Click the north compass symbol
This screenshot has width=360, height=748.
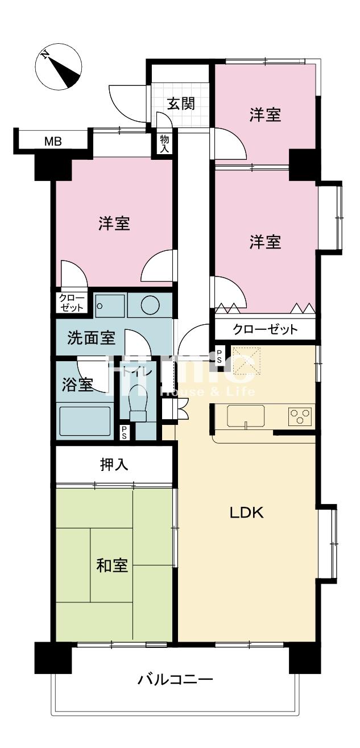coord(59,68)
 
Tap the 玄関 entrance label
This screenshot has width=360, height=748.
coord(181,104)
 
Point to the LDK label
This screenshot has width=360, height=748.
coord(246,513)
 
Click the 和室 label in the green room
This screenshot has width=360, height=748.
coord(112,565)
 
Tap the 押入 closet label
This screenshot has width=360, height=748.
coord(114,465)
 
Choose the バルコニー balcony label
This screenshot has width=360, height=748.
coord(175,679)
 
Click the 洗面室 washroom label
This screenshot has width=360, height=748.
coord(91,338)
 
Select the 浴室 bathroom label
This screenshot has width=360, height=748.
coord(78,385)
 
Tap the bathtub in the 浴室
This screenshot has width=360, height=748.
coord(86,421)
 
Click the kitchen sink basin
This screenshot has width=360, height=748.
coord(246,416)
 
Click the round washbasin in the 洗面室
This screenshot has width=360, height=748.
coord(149,306)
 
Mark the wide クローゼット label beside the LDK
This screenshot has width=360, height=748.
coord(265,329)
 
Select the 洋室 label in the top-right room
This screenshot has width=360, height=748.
coord(265,115)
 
